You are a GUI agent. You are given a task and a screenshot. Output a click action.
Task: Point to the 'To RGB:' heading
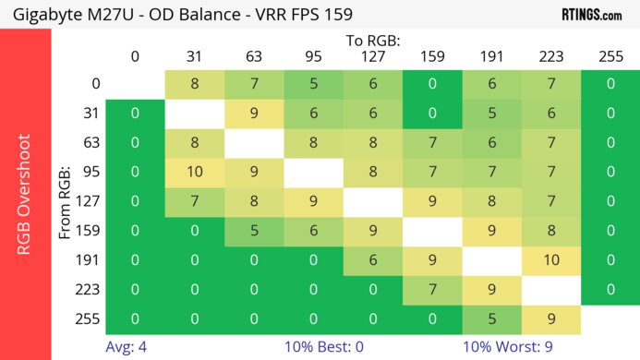(373, 41)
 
